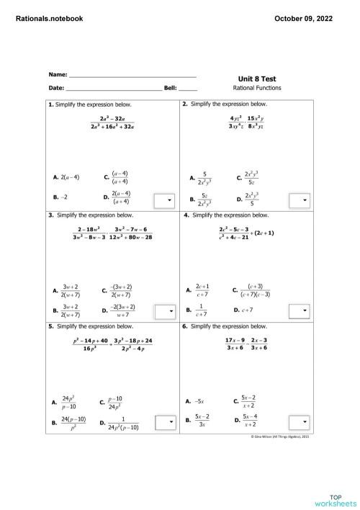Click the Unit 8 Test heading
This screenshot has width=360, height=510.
coord(256,79)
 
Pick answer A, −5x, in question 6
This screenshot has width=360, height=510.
coord(196,401)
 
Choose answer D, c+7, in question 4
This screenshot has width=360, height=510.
coord(246,310)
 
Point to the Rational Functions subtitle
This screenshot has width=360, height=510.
coord(257,89)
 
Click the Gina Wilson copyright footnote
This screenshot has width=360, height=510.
coord(280,437)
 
